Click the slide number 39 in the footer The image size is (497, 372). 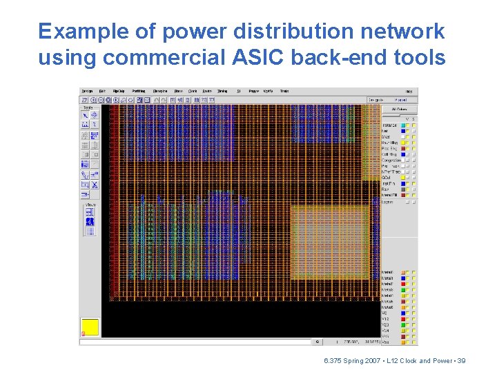coord(462,360)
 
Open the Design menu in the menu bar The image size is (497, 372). coord(88,91)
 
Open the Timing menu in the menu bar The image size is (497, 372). coord(222,91)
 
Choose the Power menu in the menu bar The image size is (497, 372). coord(253,91)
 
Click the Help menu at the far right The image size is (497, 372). coord(409,91)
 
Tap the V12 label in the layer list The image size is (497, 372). coord(386,318)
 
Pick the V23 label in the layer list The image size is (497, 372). coord(386,324)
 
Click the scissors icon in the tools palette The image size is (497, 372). coord(95,184)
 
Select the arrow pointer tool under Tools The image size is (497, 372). coord(86,116)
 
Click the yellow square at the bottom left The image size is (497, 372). coord(90,327)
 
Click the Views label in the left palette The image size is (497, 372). coord(90,205)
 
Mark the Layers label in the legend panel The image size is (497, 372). coord(387,202)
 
